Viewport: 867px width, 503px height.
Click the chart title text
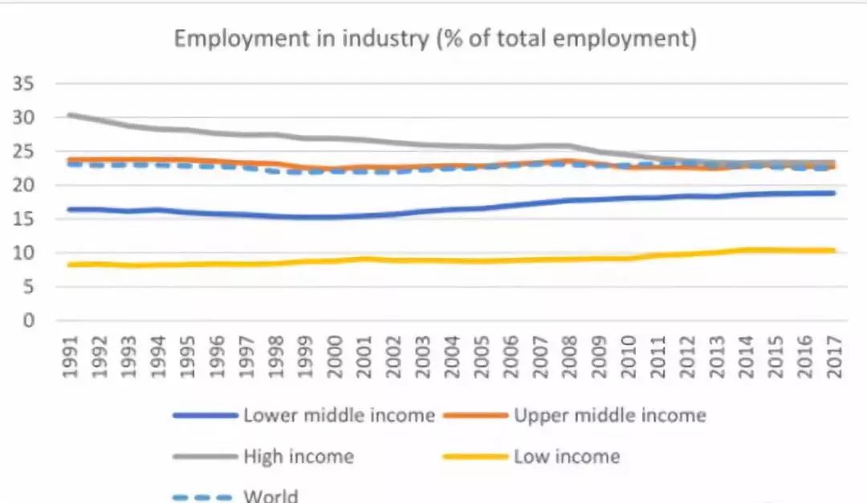point(435,39)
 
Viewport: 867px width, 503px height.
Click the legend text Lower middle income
point(339,415)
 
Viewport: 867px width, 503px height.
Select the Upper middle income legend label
point(610,415)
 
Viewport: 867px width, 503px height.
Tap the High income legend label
point(298,456)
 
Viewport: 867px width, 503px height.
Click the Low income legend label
point(567,456)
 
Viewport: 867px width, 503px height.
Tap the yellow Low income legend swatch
point(476,457)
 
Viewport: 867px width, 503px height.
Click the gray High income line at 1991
point(72,115)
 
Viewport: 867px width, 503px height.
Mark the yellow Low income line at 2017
point(833,250)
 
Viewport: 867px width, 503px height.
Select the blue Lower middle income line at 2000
point(336,217)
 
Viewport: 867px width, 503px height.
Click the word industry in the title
point(387,39)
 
